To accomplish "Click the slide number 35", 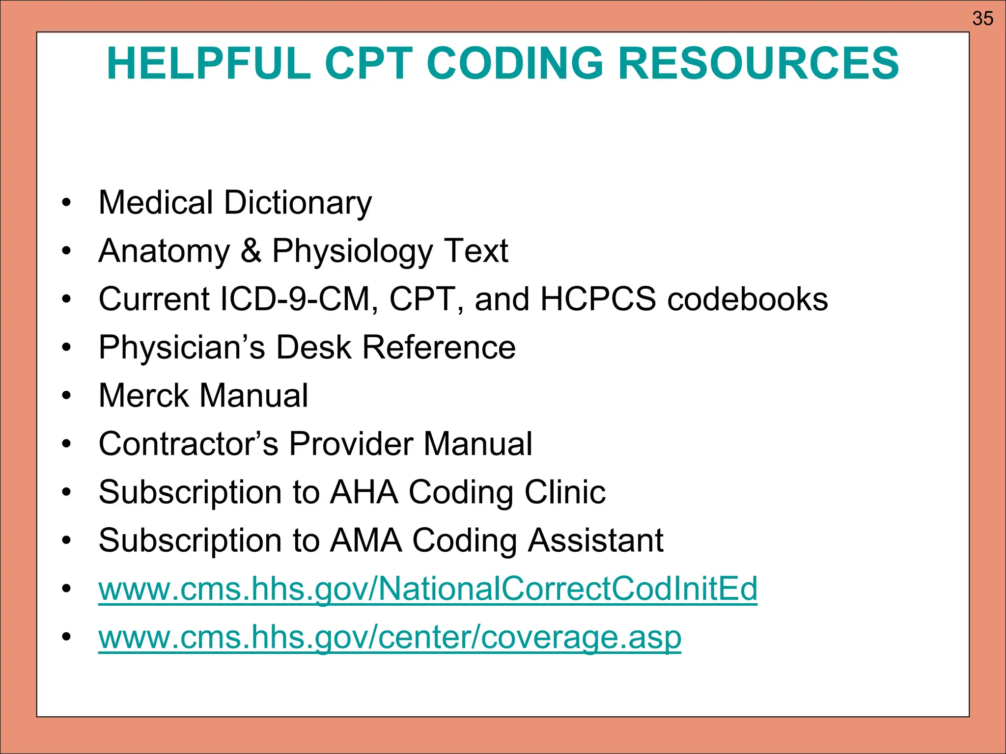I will point(982,19).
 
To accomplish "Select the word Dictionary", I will point(298,203).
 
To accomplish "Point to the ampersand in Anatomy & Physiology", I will point(251,251).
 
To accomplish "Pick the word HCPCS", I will point(598,299).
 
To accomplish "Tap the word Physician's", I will point(182,348).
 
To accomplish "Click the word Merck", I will point(143,396).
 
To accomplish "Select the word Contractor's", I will point(189,444).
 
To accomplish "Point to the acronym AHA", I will point(364,492).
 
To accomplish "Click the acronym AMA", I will point(366,540).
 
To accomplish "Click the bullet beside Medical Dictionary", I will point(67,203).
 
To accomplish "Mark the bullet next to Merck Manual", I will point(67,396).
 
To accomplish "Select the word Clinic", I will point(565,492).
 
